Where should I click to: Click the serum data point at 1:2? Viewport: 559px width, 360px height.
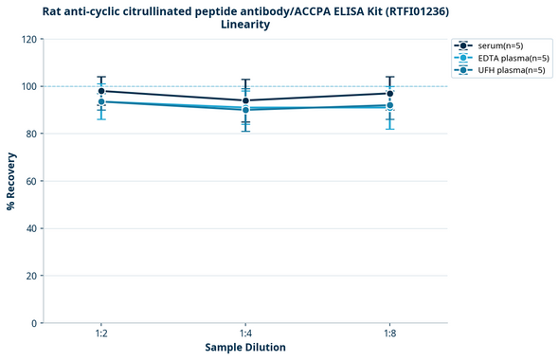click(x=101, y=91)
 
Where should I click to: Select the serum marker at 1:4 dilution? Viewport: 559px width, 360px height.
click(x=245, y=100)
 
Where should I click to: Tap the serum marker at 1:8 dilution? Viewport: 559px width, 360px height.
click(x=389, y=93)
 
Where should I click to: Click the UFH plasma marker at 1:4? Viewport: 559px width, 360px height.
click(x=245, y=110)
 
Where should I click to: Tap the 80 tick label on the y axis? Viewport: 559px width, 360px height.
click(x=30, y=134)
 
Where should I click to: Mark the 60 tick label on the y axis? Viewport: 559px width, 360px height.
click(x=30, y=181)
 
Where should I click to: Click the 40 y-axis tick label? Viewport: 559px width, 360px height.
click(x=30, y=228)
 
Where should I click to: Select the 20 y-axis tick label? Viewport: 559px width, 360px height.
click(x=30, y=276)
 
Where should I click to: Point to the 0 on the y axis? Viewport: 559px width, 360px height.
click(x=33, y=323)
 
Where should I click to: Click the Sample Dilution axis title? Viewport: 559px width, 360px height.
click(x=245, y=348)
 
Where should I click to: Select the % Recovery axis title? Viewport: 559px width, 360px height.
click(x=10, y=181)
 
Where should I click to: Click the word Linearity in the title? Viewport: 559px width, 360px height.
click(x=245, y=25)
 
